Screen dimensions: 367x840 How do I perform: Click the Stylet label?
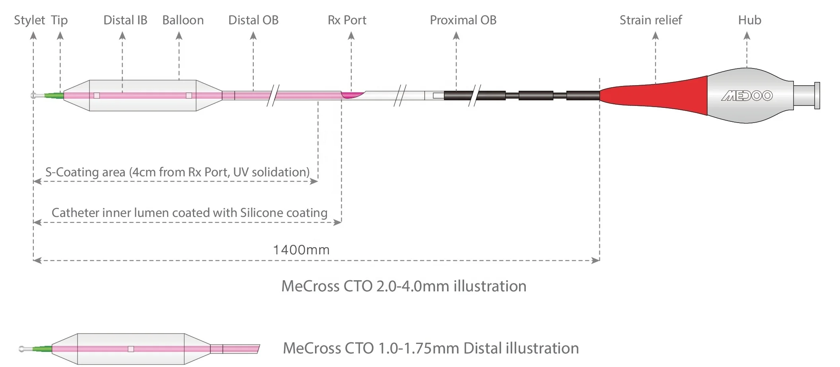click(29, 20)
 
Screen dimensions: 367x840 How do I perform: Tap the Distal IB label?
click(125, 20)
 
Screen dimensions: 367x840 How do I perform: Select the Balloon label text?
click(183, 20)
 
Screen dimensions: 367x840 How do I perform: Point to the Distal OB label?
click(253, 20)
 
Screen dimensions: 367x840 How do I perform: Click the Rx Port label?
click(347, 20)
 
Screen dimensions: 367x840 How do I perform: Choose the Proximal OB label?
click(463, 20)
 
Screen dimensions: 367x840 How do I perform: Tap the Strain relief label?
click(651, 20)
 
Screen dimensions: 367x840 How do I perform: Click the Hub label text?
click(750, 20)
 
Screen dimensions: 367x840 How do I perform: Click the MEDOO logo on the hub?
click(747, 96)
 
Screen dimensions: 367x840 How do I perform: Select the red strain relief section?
click(660, 96)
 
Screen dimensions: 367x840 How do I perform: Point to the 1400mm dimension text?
click(301, 250)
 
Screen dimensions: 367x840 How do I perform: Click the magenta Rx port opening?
click(352, 94)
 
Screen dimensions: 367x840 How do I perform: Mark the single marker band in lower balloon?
click(131, 349)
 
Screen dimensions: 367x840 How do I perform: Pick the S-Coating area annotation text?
click(177, 172)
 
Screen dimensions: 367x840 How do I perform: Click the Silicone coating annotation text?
click(189, 213)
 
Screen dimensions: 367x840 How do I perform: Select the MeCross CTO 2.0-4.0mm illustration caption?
click(404, 286)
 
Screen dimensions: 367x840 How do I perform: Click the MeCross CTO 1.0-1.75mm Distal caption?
click(431, 348)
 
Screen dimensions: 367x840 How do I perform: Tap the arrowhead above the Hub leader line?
click(747, 36)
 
